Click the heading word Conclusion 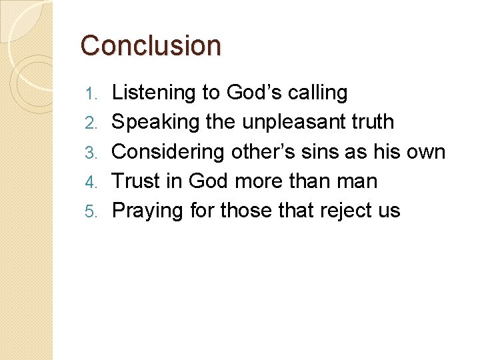151,46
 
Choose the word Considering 169,152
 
